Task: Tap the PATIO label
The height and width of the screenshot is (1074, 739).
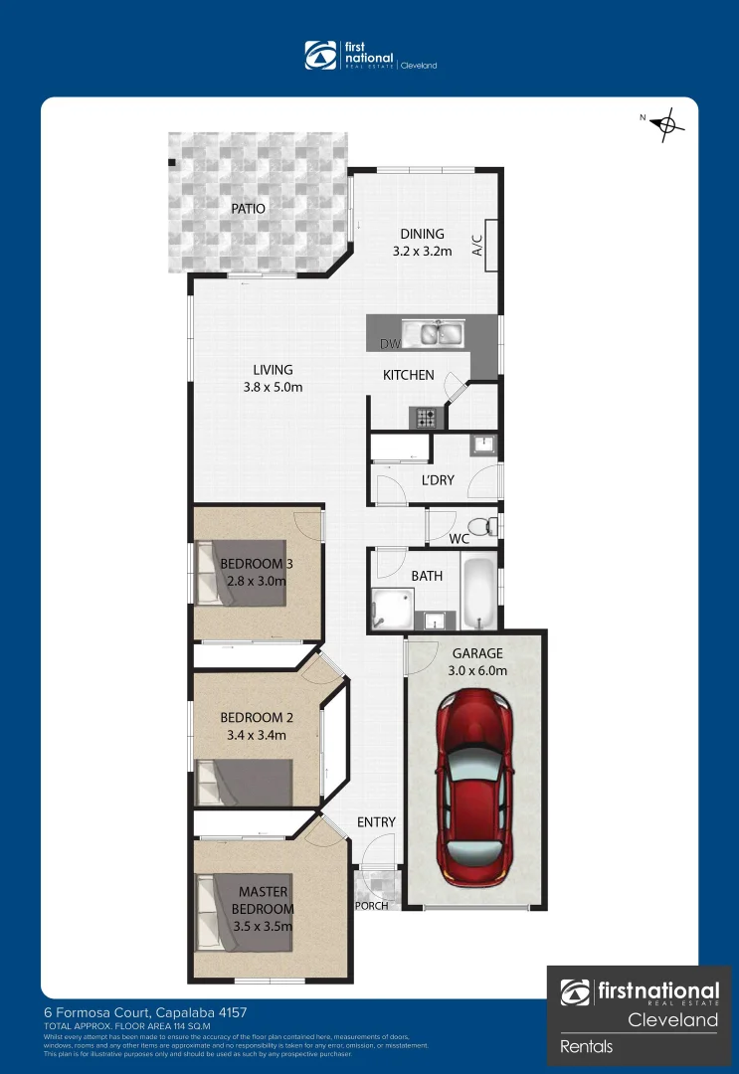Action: click(248, 209)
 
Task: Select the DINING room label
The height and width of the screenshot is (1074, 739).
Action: click(422, 235)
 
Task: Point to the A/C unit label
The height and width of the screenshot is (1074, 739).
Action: click(476, 244)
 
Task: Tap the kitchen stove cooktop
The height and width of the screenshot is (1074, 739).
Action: click(427, 419)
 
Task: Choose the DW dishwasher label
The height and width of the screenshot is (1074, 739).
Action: click(389, 344)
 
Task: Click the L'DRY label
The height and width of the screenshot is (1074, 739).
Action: click(438, 480)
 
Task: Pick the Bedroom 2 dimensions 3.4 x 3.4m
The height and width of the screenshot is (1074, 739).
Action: click(254, 736)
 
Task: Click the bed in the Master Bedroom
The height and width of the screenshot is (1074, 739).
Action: click(244, 909)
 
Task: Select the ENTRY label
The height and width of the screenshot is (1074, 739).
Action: click(376, 822)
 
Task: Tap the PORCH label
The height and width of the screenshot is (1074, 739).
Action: click(371, 906)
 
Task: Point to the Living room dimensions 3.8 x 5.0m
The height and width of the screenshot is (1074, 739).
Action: click(273, 387)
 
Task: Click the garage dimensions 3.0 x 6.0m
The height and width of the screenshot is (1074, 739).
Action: click(478, 671)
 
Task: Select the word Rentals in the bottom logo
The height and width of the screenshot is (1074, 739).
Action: click(587, 1046)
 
